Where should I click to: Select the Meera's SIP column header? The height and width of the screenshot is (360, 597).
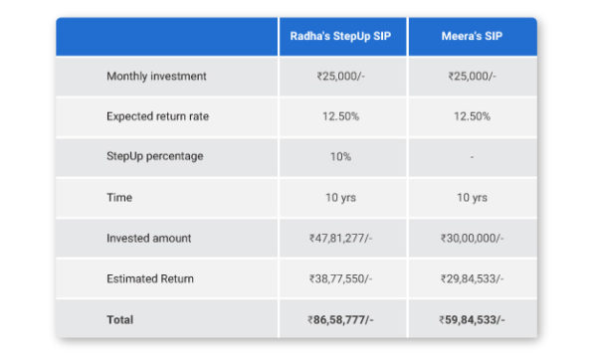tap(472, 36)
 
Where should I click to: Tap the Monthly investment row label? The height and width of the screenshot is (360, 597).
tap(156, 77)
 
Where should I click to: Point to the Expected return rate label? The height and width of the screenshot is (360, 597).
tap(157, 116)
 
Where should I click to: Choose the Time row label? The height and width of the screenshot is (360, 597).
tap(119, 198)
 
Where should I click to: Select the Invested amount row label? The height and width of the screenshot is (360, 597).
tap(148, 239)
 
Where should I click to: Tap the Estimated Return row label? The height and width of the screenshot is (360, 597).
tap(151, 279)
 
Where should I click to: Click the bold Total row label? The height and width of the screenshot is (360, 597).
tap(119, 320)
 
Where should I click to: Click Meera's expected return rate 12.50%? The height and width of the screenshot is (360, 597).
tap(472, 116)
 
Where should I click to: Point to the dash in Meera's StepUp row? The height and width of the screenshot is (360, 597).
tap(472, 157)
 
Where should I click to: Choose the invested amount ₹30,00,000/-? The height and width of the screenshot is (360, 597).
tap(472, 239)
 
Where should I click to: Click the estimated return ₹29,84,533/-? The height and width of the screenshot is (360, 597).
tap(472, 279)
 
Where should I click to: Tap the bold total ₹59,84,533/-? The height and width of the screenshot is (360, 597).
tap(472, 320)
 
